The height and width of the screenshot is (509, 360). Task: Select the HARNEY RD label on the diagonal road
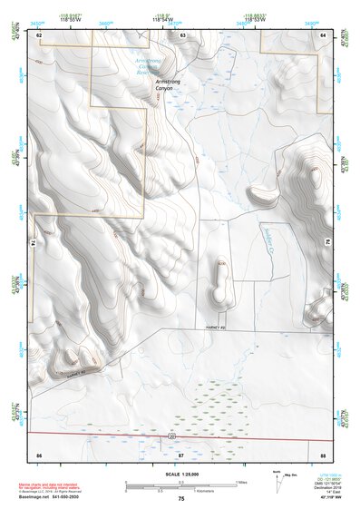79,371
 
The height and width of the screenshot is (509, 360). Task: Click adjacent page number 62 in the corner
39,34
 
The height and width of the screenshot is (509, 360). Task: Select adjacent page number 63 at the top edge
182,34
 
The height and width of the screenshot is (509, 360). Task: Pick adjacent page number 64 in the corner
322,34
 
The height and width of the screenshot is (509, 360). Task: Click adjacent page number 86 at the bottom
39,453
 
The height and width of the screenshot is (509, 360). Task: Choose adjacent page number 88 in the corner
322,453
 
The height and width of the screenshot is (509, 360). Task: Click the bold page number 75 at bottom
181,499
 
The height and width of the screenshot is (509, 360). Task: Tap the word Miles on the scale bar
240,481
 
